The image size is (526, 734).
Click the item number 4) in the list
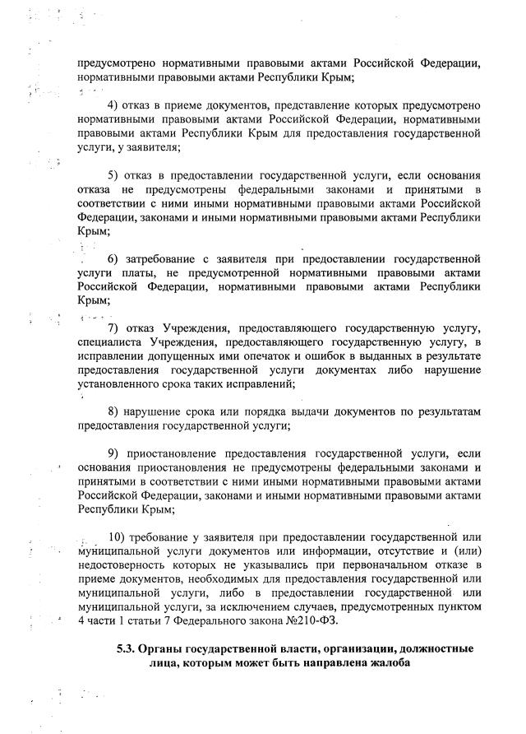[114, 106]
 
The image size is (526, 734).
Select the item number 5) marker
[114, 176]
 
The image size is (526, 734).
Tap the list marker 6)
[114, 259]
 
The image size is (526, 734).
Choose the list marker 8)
[114, 411]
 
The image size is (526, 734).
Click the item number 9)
[114, 453]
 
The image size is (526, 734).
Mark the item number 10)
[118, 537]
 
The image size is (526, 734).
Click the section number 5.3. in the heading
[131, 648]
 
